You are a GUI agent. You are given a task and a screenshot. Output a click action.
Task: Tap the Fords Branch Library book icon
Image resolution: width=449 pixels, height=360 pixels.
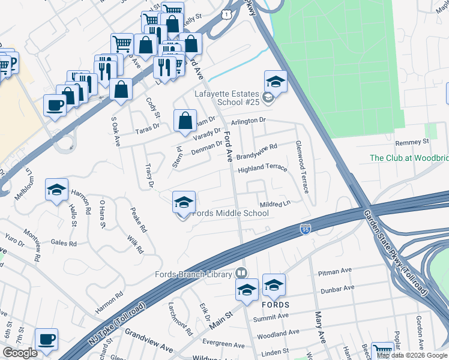[241, 273]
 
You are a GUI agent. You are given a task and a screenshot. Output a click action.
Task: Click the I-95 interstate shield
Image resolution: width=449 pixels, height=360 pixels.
[306, 229]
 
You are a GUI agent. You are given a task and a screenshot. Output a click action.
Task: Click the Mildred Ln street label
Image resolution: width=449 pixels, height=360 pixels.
[275, 204]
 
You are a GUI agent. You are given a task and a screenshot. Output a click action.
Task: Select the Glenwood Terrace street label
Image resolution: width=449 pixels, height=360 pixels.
[301, 167]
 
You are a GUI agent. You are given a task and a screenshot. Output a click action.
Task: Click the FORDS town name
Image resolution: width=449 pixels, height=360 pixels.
[276, 305]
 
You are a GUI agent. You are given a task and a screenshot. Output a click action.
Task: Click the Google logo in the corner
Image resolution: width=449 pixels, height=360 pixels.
[20, 353]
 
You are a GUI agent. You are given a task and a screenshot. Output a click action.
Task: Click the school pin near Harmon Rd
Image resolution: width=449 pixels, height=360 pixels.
[56, 191]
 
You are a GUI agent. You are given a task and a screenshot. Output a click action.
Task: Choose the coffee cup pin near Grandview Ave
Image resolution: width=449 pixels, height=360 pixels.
[46, 339]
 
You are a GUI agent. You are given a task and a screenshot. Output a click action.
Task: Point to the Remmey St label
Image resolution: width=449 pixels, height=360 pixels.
[412, 142]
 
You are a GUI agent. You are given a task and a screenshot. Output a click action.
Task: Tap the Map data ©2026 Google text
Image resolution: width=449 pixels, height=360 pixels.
[412, 355]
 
